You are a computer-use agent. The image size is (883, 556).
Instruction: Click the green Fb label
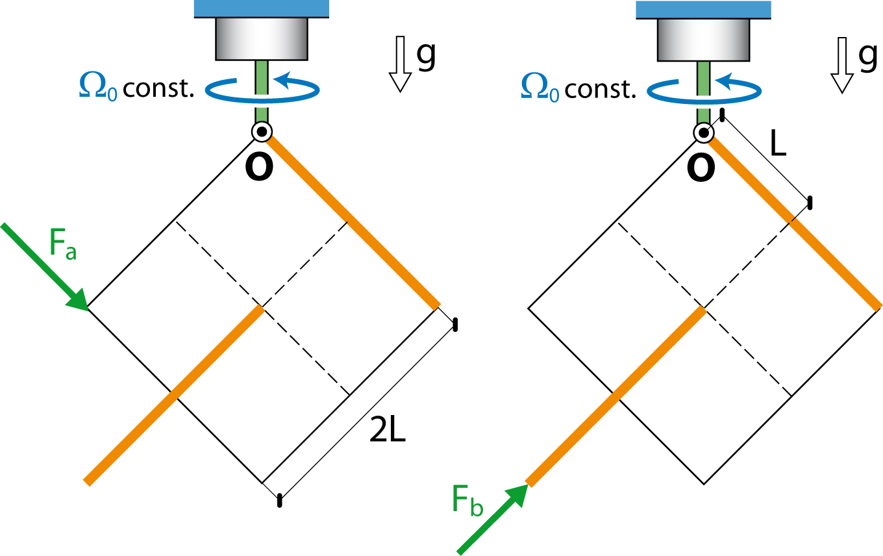point(467,500)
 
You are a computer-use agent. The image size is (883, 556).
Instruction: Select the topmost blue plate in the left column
point(261,8)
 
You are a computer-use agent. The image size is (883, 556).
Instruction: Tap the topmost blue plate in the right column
point(703,9)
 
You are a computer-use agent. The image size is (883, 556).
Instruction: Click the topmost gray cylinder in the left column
point(261,38)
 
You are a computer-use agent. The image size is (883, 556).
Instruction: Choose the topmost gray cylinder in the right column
point(703,40)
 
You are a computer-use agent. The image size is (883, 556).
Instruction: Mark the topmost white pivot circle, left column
point(262,132)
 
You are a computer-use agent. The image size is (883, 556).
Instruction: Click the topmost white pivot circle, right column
point(704,133)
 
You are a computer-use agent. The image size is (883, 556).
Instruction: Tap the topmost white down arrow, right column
point(842,64)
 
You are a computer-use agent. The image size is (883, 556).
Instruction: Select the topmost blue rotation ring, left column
point(262,91)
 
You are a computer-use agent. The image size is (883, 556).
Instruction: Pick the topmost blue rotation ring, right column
point(704,92)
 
